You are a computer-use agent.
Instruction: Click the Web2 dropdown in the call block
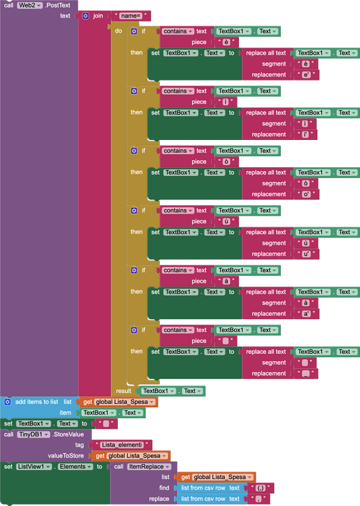point(31,5)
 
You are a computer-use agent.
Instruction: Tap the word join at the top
point(98,16)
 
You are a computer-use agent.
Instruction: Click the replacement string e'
point(307,75)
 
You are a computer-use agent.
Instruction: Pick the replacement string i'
point(306,135)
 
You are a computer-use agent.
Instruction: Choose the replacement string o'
point(307,194)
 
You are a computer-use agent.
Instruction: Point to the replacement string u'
point(307,254)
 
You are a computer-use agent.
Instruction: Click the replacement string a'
point(307,314)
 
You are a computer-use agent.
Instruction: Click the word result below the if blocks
point(123,391)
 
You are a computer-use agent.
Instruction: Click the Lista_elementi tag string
point(126,445)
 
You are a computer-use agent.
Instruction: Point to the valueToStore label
point(65,456)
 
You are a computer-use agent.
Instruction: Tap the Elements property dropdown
point(76,467)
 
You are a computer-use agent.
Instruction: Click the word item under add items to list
point(65,413)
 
